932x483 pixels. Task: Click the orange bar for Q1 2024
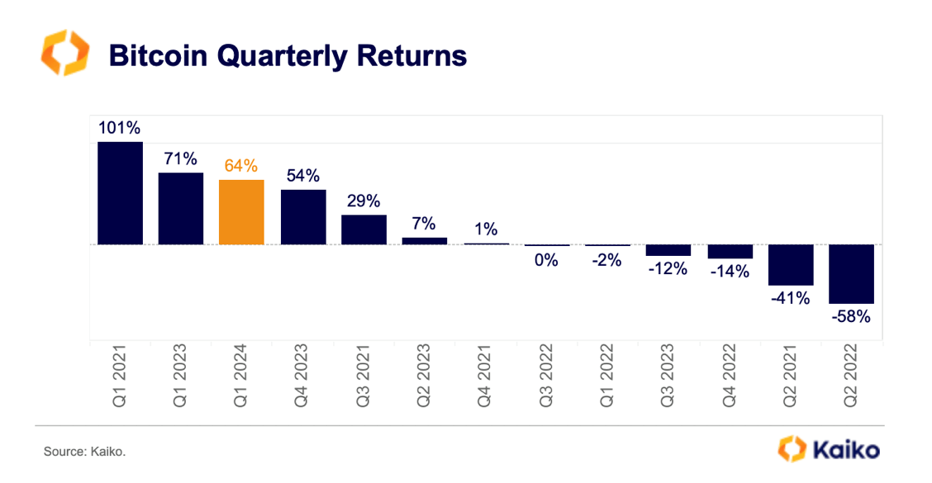(241, 212)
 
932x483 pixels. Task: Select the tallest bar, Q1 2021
(120, 193)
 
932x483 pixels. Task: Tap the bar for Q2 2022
(851, 274)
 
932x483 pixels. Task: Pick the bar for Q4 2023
(302, 217)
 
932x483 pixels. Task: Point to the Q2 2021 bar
(791, 265)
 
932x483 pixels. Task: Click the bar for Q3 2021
(364, 230)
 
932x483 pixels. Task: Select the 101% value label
(120, 128)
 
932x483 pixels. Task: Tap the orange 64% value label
(241, 165)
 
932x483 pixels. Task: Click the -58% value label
(851, 316)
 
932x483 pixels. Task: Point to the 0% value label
(546, 260)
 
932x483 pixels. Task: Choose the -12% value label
(668, 268)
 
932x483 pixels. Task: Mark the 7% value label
(425, 224)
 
